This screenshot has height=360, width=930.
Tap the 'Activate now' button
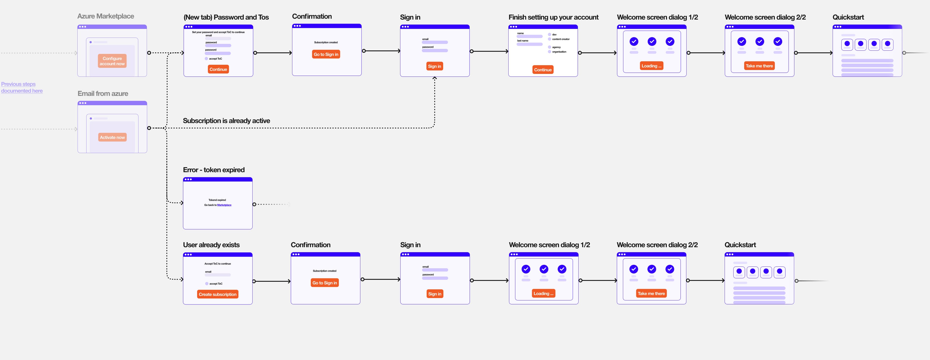point(112,137)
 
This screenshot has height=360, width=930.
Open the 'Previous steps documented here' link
point(22,87)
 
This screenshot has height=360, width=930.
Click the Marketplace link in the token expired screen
point(224,205)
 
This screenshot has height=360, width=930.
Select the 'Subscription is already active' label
point(226,121)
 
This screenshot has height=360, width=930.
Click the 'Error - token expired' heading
point(214,170)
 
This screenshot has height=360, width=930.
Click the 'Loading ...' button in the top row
point(651,66)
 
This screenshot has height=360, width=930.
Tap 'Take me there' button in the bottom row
point(651,294)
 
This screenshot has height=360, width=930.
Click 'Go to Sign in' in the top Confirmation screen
point(326,54)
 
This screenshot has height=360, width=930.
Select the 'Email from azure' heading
point(103,94)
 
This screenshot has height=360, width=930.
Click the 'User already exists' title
point(211,245)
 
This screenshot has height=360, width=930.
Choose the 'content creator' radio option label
point(560,39)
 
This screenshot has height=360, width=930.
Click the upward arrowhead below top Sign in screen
point(435,78)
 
